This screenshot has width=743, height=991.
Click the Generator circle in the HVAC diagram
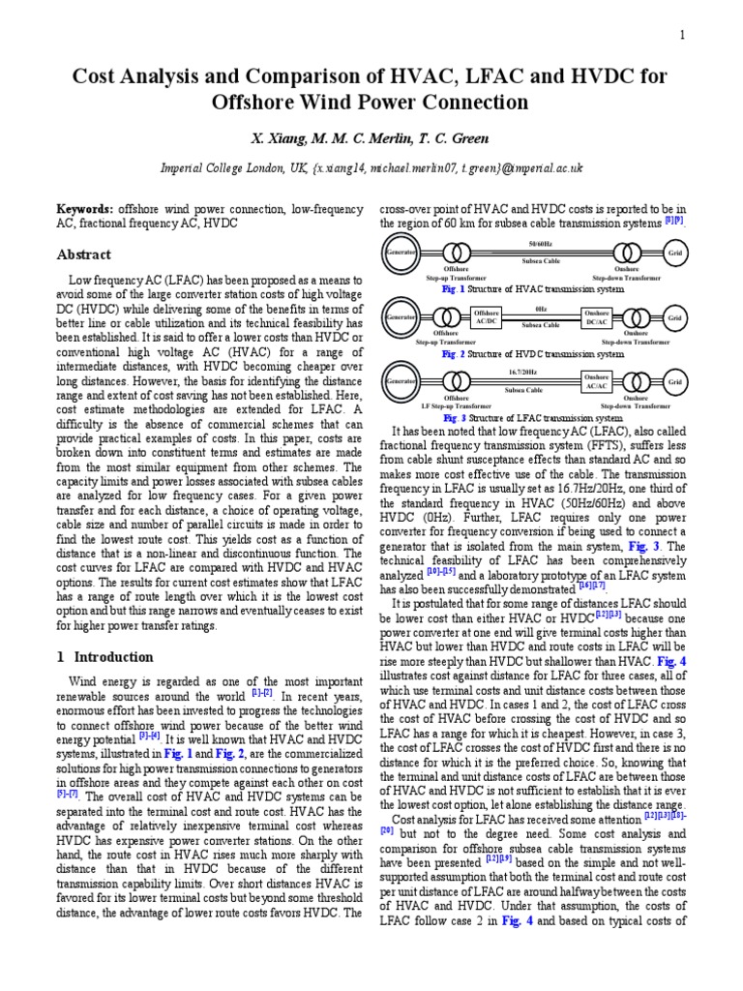pos(400,253)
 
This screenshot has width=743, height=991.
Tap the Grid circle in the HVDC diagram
pos(674,317)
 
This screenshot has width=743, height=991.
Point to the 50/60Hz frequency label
pos(541,243)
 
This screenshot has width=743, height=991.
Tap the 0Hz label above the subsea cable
pos(541,308)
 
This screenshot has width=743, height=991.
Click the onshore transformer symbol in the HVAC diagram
pos(634,254)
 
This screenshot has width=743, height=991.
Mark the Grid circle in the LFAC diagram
pos(674,382)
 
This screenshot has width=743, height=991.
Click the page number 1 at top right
pos(681,36)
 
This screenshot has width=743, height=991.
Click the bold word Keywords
pos(83,208)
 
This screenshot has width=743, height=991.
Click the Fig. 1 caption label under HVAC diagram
pos(452,288)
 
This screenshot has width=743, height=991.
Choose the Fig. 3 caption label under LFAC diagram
pos(454,418)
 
